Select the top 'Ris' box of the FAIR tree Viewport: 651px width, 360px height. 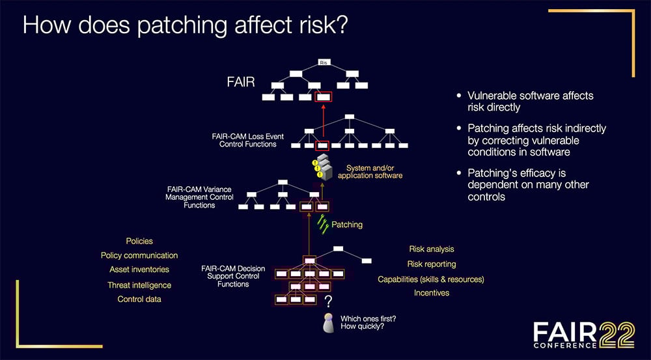coord(325,62)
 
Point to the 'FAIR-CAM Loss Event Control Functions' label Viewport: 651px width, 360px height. coord(244,140)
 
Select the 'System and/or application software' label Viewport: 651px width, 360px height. coord(374,171)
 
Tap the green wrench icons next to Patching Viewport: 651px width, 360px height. coord(322,223)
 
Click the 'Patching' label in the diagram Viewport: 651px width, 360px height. coord(347,225)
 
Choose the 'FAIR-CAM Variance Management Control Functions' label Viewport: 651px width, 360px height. coord(199,197)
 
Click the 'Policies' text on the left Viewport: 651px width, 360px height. coord(139,242)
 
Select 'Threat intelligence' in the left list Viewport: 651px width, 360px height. coord(139,285)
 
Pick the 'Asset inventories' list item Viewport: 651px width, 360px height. coord(139,270)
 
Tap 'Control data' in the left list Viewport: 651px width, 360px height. coord(139,299)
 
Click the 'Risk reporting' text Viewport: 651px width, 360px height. coord(431,264)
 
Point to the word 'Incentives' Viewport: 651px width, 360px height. coord(431,293)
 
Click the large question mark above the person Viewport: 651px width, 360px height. coord(329,301)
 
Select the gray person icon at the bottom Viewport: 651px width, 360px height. coord(329,322)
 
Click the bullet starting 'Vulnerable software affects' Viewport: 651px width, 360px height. coord(531,101)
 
